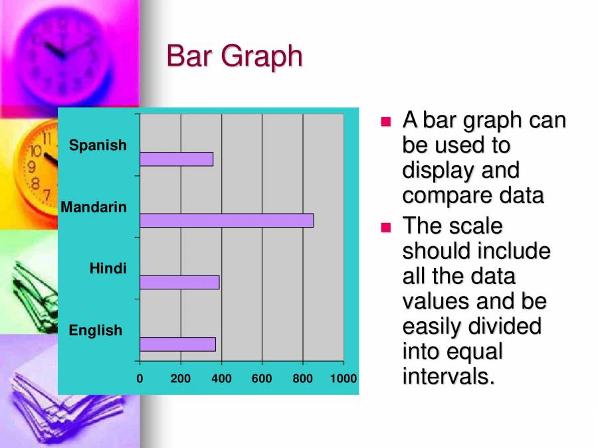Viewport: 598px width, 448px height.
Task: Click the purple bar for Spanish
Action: [177, 159]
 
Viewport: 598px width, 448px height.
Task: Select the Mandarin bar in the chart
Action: [227, 221]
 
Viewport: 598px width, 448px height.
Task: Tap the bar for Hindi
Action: [179, 283]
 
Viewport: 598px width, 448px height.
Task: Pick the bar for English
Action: [177, 344]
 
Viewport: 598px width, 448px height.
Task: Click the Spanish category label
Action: [98, 145]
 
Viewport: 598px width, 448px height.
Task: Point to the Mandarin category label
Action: [94, 207]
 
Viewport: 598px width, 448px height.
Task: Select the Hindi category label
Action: [108, 269]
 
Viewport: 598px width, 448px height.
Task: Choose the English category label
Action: [96, 331]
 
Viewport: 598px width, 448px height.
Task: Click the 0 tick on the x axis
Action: [140, 379]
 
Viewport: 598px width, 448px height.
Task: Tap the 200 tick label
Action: [180, 379]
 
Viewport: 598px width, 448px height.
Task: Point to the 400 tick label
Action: [221, 379]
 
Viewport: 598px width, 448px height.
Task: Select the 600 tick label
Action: [262, 379]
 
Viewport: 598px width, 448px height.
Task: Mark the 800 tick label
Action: [303, 379]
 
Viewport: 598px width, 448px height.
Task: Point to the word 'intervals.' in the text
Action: [449, 377]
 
